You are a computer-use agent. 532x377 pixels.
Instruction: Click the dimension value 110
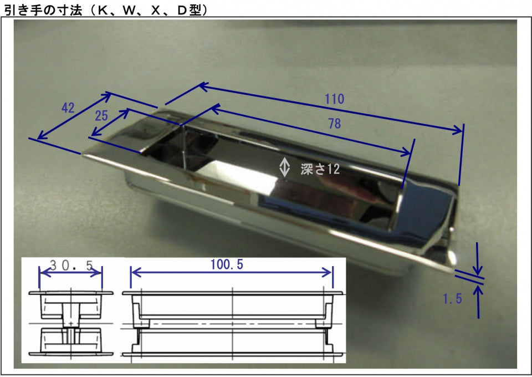pos(335,99)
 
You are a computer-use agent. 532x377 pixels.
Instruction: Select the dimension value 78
pos(335,124)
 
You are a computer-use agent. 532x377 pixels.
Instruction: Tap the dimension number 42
pos(68,108)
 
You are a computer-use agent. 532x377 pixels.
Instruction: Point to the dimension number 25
pos(101,116)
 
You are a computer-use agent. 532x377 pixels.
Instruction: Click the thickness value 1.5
pos(453,299)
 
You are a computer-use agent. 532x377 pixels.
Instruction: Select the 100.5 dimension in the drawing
pos(227,264)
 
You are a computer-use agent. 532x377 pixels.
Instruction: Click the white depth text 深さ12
pos(320,169)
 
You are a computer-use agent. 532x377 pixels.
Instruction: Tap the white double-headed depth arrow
pos(284,167)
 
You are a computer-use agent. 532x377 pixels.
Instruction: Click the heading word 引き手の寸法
pos(43,10)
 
